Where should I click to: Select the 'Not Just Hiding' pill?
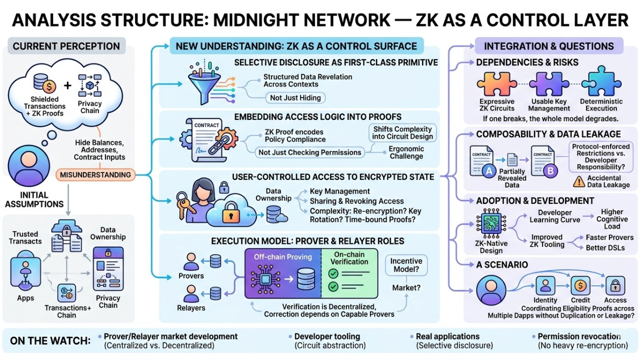point(296,98)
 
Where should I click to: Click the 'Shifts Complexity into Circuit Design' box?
point(403,133)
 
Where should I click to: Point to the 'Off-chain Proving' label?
point(283,257)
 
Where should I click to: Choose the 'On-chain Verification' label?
point(350,258)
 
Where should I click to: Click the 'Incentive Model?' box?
point(406,265)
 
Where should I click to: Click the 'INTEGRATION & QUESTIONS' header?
point(548,46)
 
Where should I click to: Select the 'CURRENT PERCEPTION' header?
point(66,46)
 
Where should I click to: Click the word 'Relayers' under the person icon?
point(191,308)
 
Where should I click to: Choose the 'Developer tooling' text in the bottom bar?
point(327,336)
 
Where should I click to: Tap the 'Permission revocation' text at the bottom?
point(579,336)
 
